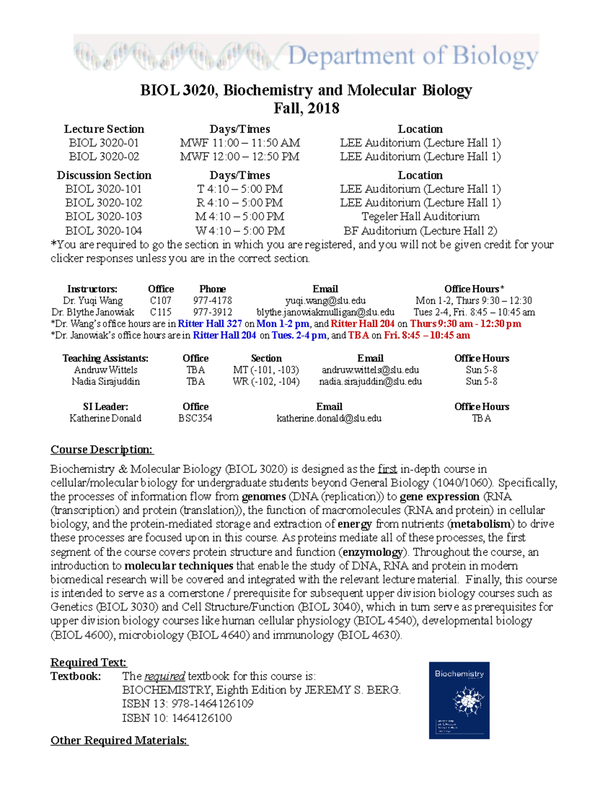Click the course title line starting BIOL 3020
click(306, 90)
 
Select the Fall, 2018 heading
click(306, 108)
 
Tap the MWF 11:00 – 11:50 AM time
click(240, 143)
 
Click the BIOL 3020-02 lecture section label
click(104, 157)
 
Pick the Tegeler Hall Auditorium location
click(420, 217)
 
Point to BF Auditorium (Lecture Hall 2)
click(420, 231)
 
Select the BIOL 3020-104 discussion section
click(104, 231)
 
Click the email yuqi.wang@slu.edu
click(325, 301)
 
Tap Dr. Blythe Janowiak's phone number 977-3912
click(213, 312)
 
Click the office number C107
click(160, 301)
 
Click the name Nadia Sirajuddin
click(105, 381)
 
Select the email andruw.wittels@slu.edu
click(370, 370)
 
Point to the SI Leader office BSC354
click(195, 418)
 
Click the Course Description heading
click(102, 450)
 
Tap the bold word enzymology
click(372, 552)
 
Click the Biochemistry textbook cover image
click(459, 700)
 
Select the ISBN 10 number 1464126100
click(202, 718)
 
